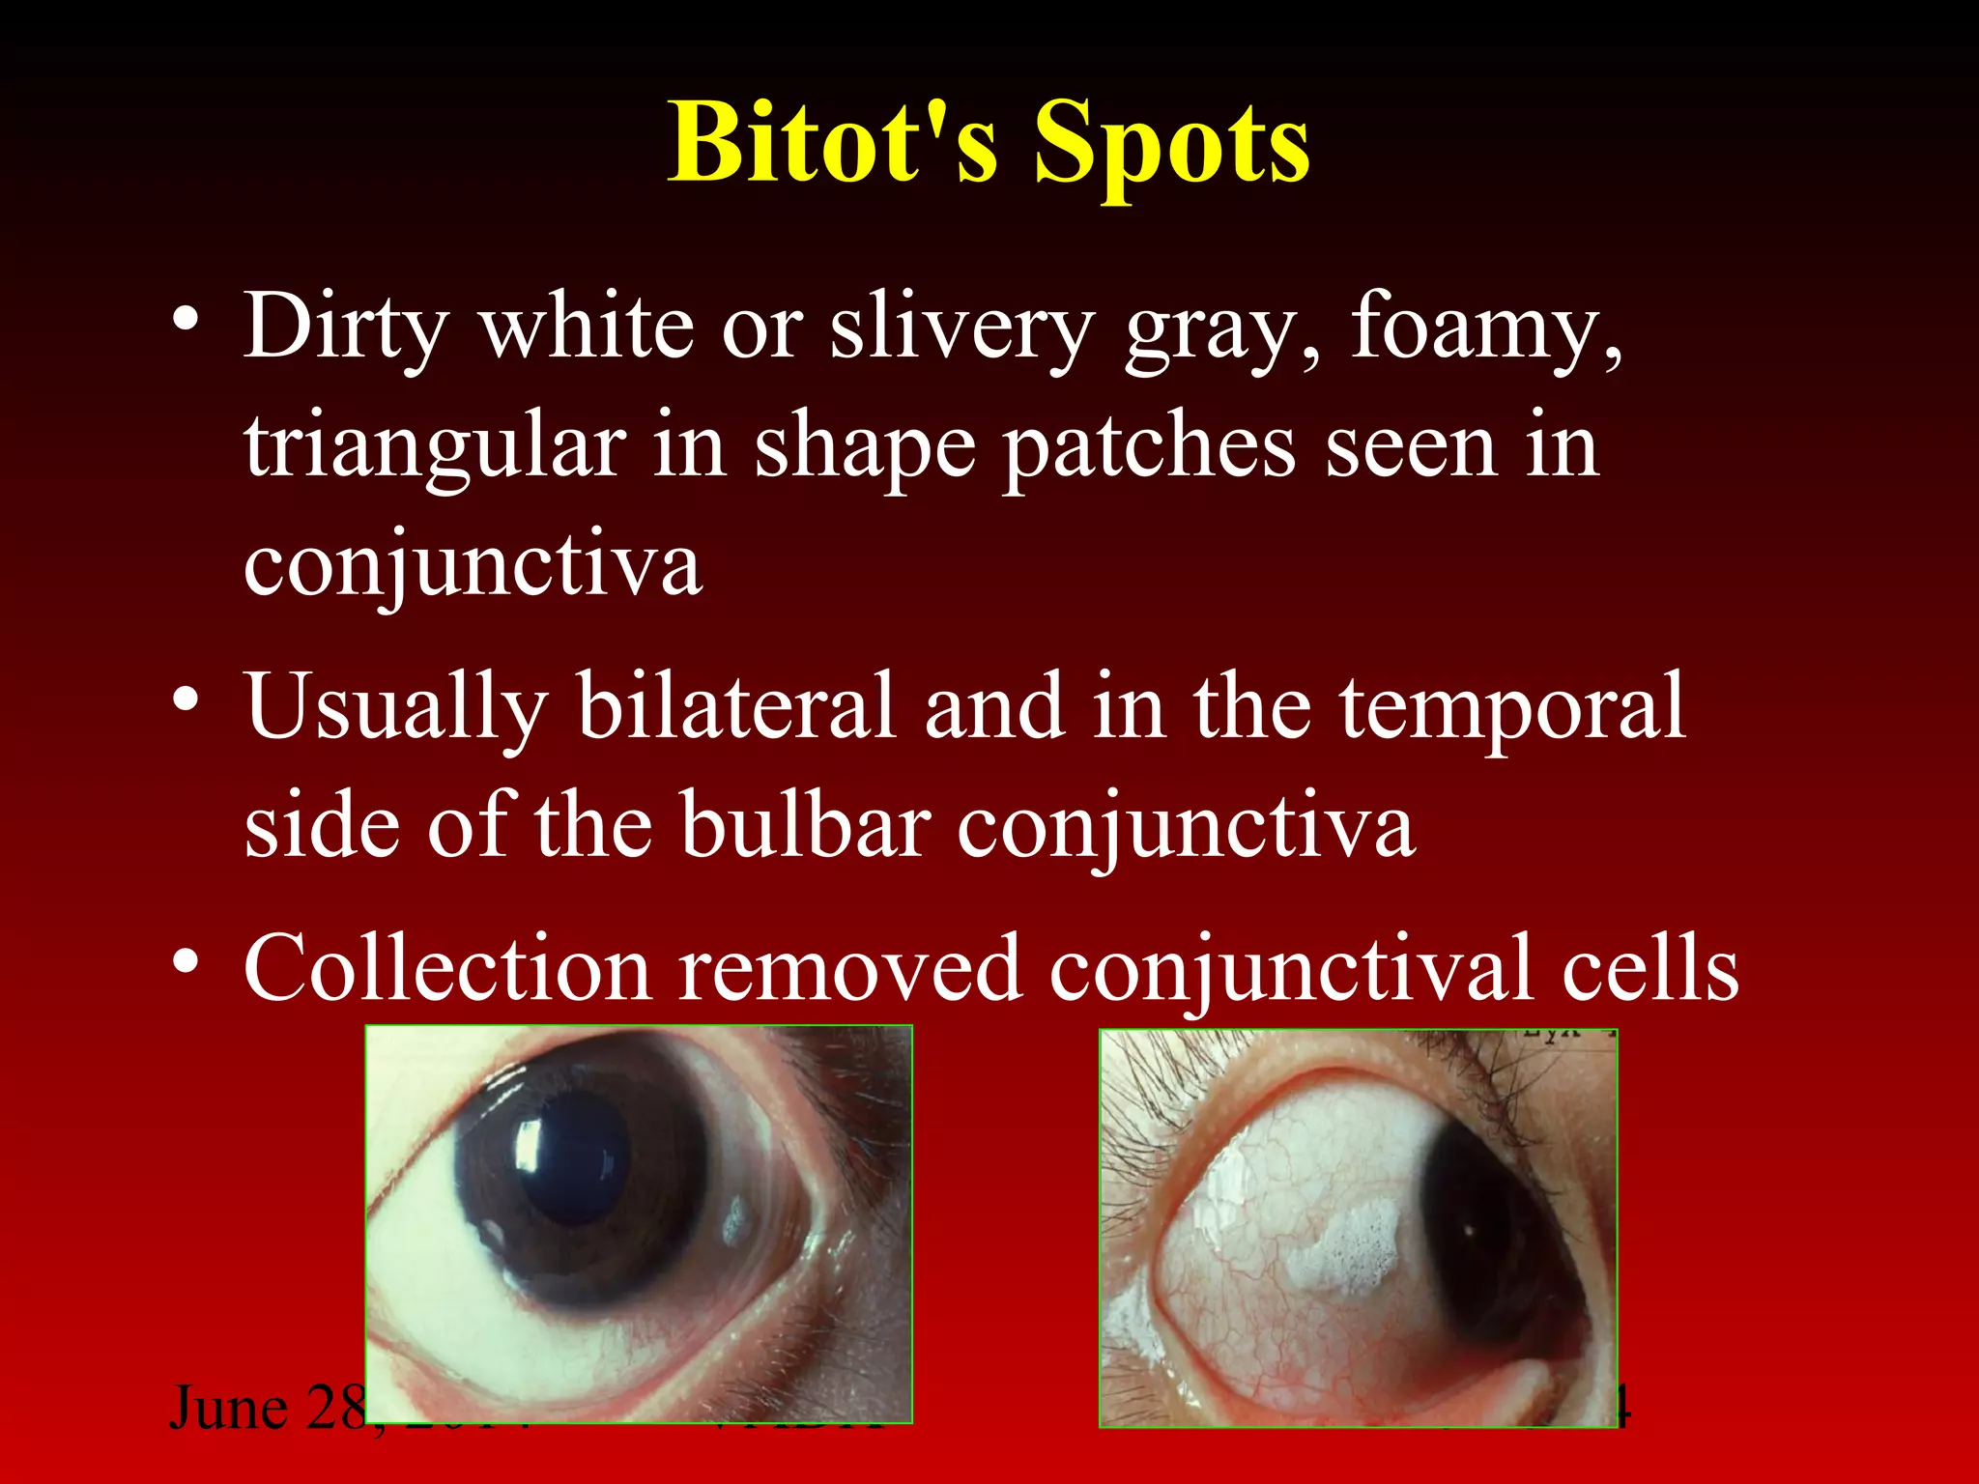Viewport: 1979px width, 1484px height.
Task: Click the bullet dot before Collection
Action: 186,960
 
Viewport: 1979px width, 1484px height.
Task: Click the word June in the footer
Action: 228,1409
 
